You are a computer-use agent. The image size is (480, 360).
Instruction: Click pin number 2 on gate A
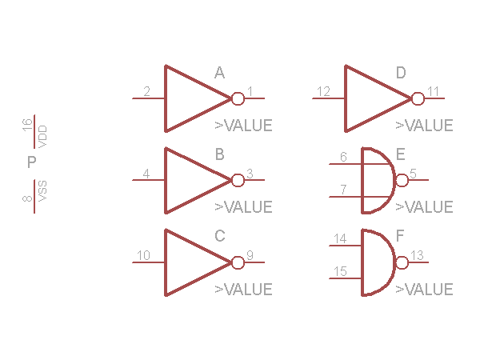146,91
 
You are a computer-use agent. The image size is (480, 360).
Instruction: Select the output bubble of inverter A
238,98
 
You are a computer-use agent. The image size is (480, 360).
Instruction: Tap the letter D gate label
401,74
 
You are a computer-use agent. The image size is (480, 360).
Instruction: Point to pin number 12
323,91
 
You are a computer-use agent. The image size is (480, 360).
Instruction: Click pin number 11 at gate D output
433,91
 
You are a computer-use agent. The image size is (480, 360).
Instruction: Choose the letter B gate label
219,155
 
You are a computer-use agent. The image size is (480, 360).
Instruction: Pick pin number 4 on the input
146,173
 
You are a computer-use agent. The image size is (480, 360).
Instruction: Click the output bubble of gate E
402,180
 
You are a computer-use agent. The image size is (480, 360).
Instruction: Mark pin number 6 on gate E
343,157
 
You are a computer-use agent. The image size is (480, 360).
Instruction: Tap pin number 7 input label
343,190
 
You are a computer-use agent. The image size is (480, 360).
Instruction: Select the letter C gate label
220,237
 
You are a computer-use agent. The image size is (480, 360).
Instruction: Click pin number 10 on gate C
143,255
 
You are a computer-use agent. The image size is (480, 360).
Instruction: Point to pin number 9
250,255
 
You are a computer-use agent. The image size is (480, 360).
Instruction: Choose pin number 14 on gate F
340,238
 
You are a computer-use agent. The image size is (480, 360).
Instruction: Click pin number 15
340,272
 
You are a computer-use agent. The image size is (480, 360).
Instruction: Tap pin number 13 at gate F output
417,255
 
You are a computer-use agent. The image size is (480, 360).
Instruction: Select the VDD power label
43,134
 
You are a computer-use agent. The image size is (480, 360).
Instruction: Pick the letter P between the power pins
32,163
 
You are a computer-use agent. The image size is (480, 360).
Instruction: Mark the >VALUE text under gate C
243,290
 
